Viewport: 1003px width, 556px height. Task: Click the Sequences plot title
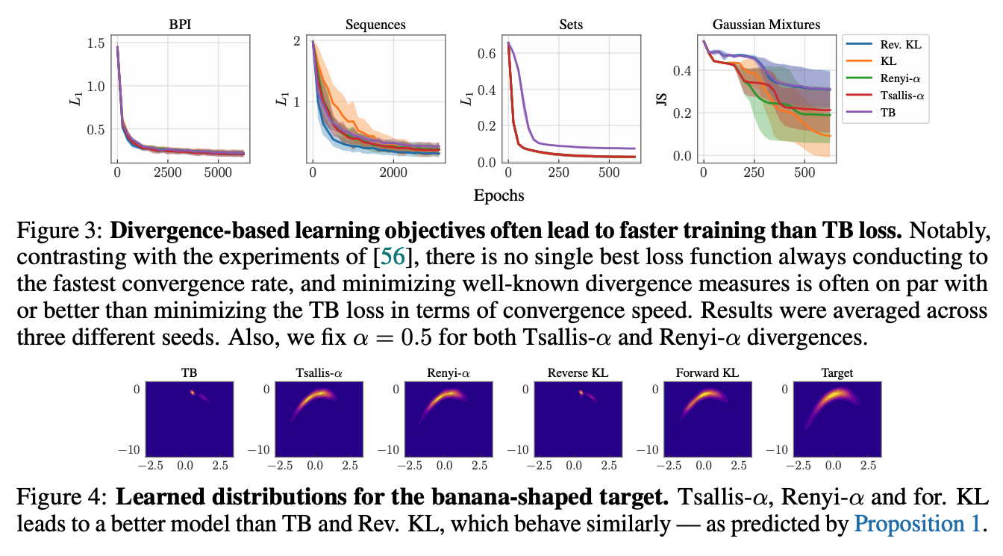pyautogui.click(x=375, y=25)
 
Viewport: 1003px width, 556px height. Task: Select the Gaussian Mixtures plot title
pyautogui.click(x=766, y=25)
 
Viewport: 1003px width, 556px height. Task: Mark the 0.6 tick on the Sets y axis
pyautogui.click(x=486, y=54)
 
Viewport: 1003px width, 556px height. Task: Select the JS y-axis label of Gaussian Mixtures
pyautogui.click(x=660, y=99)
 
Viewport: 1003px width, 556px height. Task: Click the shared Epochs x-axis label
pyautogui.click(x=499, y=196)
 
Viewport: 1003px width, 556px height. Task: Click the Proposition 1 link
pyautogui.click(x=916, y=523)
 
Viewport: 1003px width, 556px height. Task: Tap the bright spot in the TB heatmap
pyautogui.click(x=192, y=393)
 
